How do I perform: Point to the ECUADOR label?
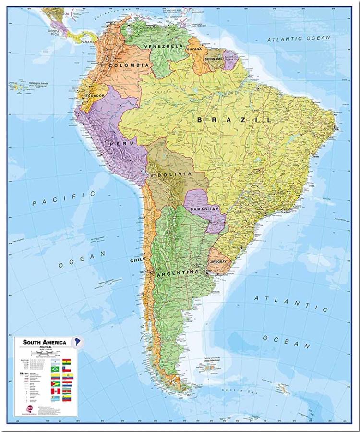[x=95, y=96]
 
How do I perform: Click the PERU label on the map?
[x=118, y=143]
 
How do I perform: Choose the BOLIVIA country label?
[x=177, y=173]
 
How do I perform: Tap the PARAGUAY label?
[x=204, y=209]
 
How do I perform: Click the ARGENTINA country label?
[x=177, y=272]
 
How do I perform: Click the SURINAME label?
[x=214, y=59]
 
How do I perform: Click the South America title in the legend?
[x=45, y=343]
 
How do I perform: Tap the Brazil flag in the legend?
[x=55, y=369]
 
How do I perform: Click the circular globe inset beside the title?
[x=78, y=342]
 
